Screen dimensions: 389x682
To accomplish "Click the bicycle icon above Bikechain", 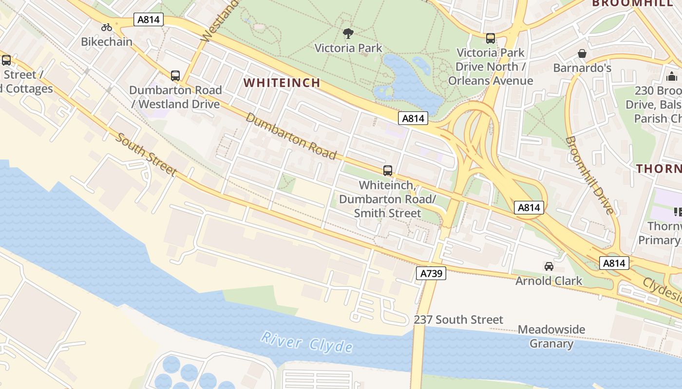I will (107, 27).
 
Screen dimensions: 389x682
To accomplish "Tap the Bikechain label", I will (107, 42).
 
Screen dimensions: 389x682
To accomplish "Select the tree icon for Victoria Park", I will (348, 34).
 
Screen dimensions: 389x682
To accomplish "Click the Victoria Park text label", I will (348, 48).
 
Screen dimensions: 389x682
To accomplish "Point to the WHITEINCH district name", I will (282, 83).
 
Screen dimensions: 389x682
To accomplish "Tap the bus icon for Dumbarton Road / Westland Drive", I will (175, 76).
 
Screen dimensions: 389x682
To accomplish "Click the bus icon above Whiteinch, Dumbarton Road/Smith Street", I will (388, 171).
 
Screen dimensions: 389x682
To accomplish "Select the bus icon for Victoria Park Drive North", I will (491, 38).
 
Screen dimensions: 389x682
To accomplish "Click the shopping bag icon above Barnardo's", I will (582, 53).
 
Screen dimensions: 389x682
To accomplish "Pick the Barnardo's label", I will (582, 68).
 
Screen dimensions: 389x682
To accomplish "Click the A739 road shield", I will (431, 274).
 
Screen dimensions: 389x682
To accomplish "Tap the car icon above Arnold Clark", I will (549, 266).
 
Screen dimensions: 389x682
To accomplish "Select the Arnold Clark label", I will (549, 281).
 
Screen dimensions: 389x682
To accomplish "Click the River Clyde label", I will (306, 341).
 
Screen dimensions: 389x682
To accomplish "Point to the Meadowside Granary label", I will (551, 336).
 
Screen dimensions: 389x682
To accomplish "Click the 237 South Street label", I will (458, 320).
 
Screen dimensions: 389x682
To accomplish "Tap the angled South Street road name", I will (146, 153).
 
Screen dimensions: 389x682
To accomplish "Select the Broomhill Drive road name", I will (590, 175).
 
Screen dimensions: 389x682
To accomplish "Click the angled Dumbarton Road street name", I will (291, 136).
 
